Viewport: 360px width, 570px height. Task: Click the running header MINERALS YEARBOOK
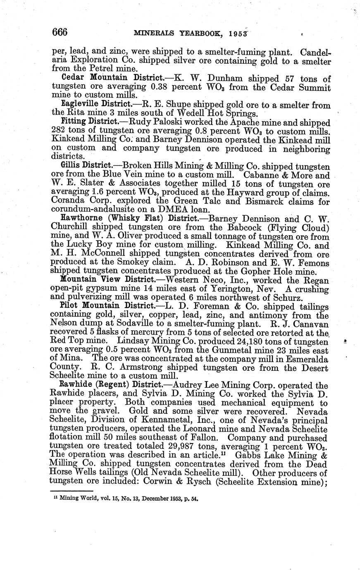point(179,33)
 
